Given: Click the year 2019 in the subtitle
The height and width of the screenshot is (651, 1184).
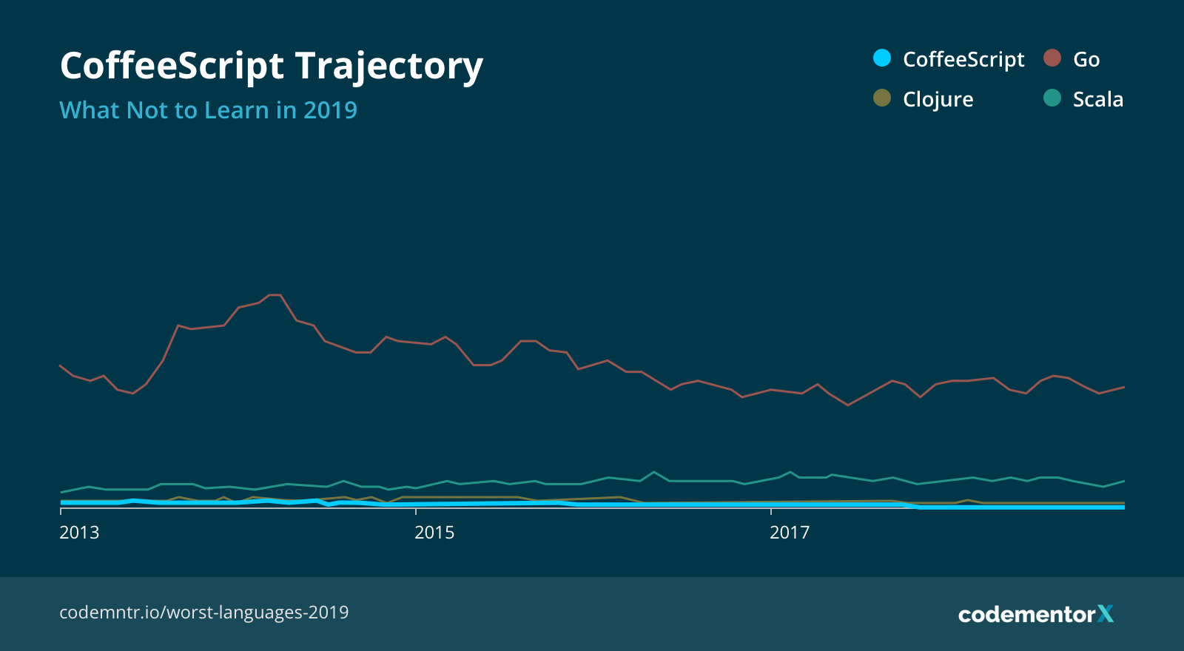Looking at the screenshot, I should click(330, 110).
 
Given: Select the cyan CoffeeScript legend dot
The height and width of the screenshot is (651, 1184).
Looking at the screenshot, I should click(882, 58).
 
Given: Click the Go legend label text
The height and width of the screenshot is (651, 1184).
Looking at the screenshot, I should click(1086, 60).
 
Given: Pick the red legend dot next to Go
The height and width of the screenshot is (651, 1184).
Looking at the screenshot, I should click(1052, 58).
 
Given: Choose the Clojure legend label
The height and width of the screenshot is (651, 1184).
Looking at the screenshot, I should click(938, 100).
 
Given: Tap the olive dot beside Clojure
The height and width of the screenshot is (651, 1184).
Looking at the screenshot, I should click(882, 98).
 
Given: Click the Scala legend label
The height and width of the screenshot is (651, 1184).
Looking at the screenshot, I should click(1097, 100).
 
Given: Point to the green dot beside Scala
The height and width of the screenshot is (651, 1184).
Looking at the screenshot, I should click(1052, 98).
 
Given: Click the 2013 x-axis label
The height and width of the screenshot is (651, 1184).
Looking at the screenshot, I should click(79, 533).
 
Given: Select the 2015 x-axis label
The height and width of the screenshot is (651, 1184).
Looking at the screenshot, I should click(434, 533).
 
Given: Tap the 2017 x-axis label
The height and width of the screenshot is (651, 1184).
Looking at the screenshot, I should click(790, 533).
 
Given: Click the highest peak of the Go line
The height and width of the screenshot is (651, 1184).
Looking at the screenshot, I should click(275, 295).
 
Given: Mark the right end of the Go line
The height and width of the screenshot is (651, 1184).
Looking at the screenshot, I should click(1123, 388).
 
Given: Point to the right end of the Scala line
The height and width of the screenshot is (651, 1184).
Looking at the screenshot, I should click(1123, 482).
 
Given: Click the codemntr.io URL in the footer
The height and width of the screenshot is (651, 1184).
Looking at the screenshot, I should click(203, 613).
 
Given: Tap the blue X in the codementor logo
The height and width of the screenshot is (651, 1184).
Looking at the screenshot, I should click(1106, 614).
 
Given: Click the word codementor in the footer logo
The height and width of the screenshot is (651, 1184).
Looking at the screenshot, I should click(1026, 615).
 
